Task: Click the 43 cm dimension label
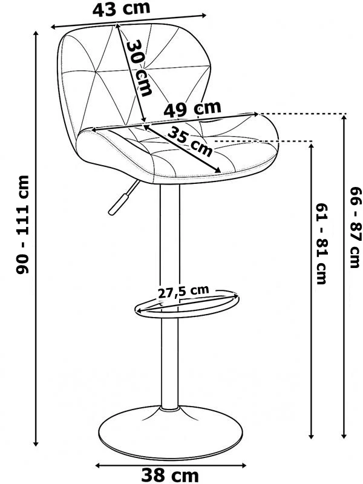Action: [x=122, y=8]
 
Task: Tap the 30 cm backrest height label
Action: [x=139, y=68]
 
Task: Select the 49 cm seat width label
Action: [x=192, y=109]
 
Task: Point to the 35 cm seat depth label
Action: [x=190, y=141]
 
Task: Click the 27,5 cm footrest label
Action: [x=183, y=291]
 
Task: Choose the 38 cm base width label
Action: [x=170, y=476]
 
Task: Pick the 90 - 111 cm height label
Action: [x=22, y=224]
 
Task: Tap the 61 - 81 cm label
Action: [x=321, y=244]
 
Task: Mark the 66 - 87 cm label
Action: [x=355, y=227]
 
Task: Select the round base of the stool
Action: [x=171, y=432]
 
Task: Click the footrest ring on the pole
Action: [x=187, y=304]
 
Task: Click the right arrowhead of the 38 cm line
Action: [x=244, y=465]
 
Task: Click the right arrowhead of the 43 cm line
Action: [x=203, y=15]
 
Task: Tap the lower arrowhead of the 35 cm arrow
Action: [x=218, y=171]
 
